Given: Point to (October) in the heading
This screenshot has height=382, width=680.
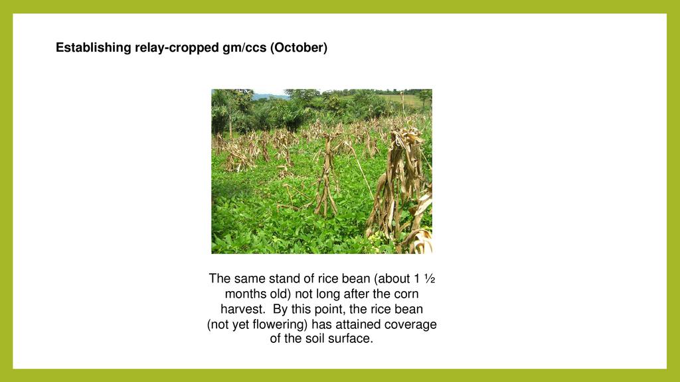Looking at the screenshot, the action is tap(299, 48).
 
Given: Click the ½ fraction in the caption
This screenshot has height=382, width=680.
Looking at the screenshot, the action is tap(430, 279).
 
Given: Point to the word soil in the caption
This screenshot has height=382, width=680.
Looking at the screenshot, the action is tap(315, 339).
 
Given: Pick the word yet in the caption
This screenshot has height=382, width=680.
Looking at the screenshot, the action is tap(240, 325).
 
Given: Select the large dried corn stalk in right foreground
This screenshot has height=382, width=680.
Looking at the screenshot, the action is tap(401, 190).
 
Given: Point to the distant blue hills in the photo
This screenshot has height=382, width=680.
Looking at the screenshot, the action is tap(269, 96).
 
